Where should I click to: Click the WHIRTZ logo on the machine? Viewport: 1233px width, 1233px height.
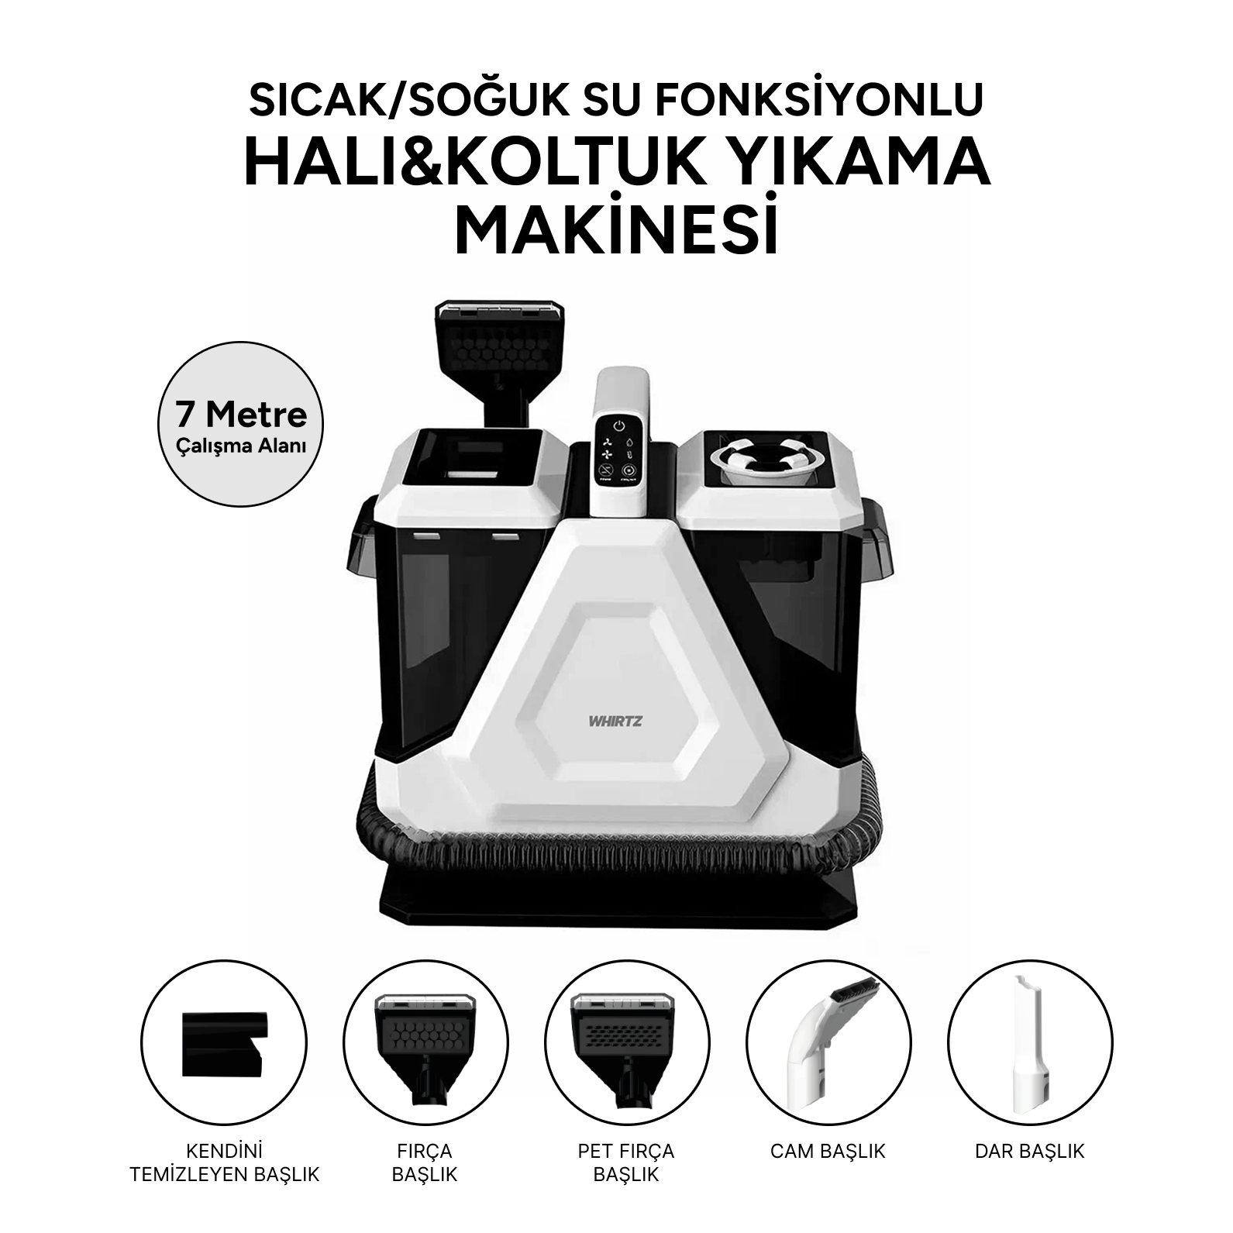[x=610, y=720]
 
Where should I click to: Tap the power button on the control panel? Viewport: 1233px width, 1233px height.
[x=618, y=426]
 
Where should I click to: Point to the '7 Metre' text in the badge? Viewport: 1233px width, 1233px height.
[x=241, y=415]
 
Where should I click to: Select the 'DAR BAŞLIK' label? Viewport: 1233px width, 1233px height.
[x=1029, y=1152]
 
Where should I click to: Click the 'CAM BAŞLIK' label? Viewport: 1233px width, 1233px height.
[x=828, y=1152]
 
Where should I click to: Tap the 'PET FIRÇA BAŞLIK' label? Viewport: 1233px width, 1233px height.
[x=626, y=1162]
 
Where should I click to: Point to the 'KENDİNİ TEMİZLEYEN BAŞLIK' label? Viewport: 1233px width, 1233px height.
[x=225, y=1162]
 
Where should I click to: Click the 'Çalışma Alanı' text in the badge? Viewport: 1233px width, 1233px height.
[x=241, y=446]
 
